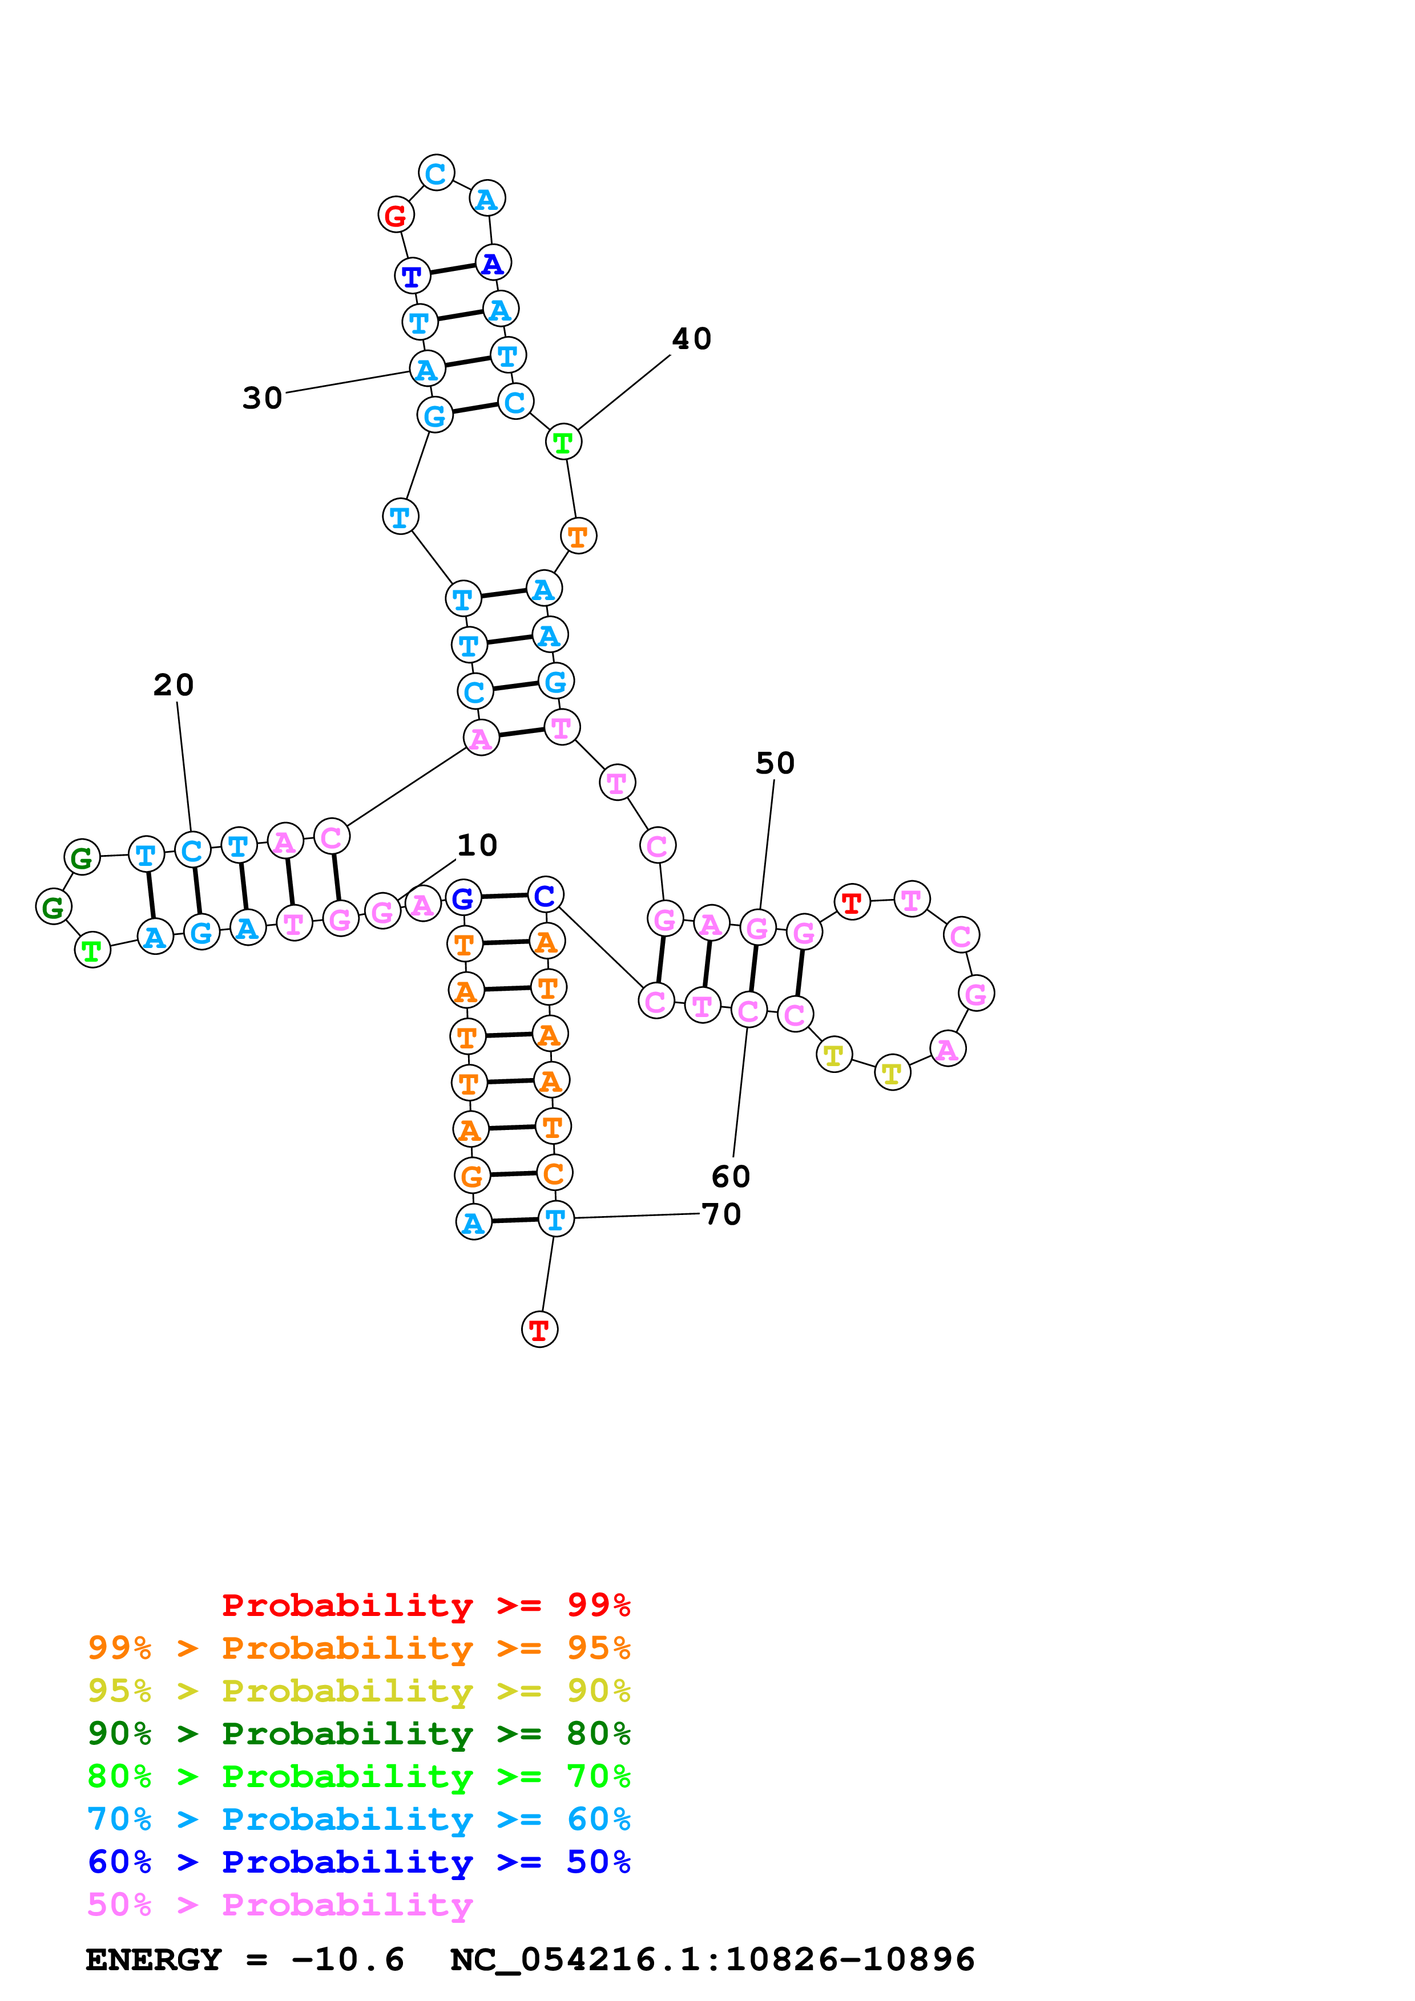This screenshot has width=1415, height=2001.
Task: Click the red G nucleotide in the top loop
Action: [x=396, y=214]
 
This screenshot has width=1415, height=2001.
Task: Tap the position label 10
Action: [x=477, y=845]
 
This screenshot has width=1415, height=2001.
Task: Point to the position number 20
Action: [x=174, y=685]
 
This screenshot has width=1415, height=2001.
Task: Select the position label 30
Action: [x=263, y=398]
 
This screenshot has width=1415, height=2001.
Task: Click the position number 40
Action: [x=691, y=339]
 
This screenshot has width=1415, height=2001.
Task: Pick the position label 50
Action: [x=775, y=763]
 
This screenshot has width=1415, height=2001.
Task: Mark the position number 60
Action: [x=731, y=1177]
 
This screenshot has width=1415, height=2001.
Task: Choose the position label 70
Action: [x=722, y=1214]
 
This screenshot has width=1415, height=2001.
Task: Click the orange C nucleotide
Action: [x=554, y=1174]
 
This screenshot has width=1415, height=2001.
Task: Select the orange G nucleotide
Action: [x=471, y=1177]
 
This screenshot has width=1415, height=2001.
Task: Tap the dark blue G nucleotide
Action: [x=463, y=898]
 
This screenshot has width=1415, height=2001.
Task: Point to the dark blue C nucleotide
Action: [x=545, y=895]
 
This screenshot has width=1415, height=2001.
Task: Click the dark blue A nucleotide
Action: [x=493, y=263]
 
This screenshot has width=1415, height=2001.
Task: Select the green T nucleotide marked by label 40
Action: [x=563, y=443]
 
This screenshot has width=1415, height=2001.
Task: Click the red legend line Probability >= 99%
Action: [x=425, y=1605]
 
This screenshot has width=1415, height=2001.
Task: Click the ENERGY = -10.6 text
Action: [x=245, y=1960]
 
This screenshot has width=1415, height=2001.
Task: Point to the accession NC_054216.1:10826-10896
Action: [x=712, y=1960]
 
